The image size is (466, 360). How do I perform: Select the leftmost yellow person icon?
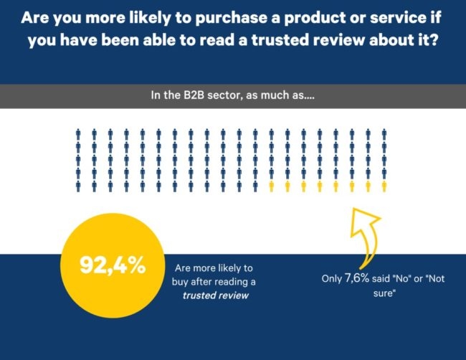271,186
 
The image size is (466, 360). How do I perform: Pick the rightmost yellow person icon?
384,186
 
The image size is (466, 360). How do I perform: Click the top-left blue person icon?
77,133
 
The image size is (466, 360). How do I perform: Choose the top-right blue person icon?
384,133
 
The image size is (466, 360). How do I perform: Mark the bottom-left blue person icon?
77,186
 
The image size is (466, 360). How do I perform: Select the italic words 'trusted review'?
216,295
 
